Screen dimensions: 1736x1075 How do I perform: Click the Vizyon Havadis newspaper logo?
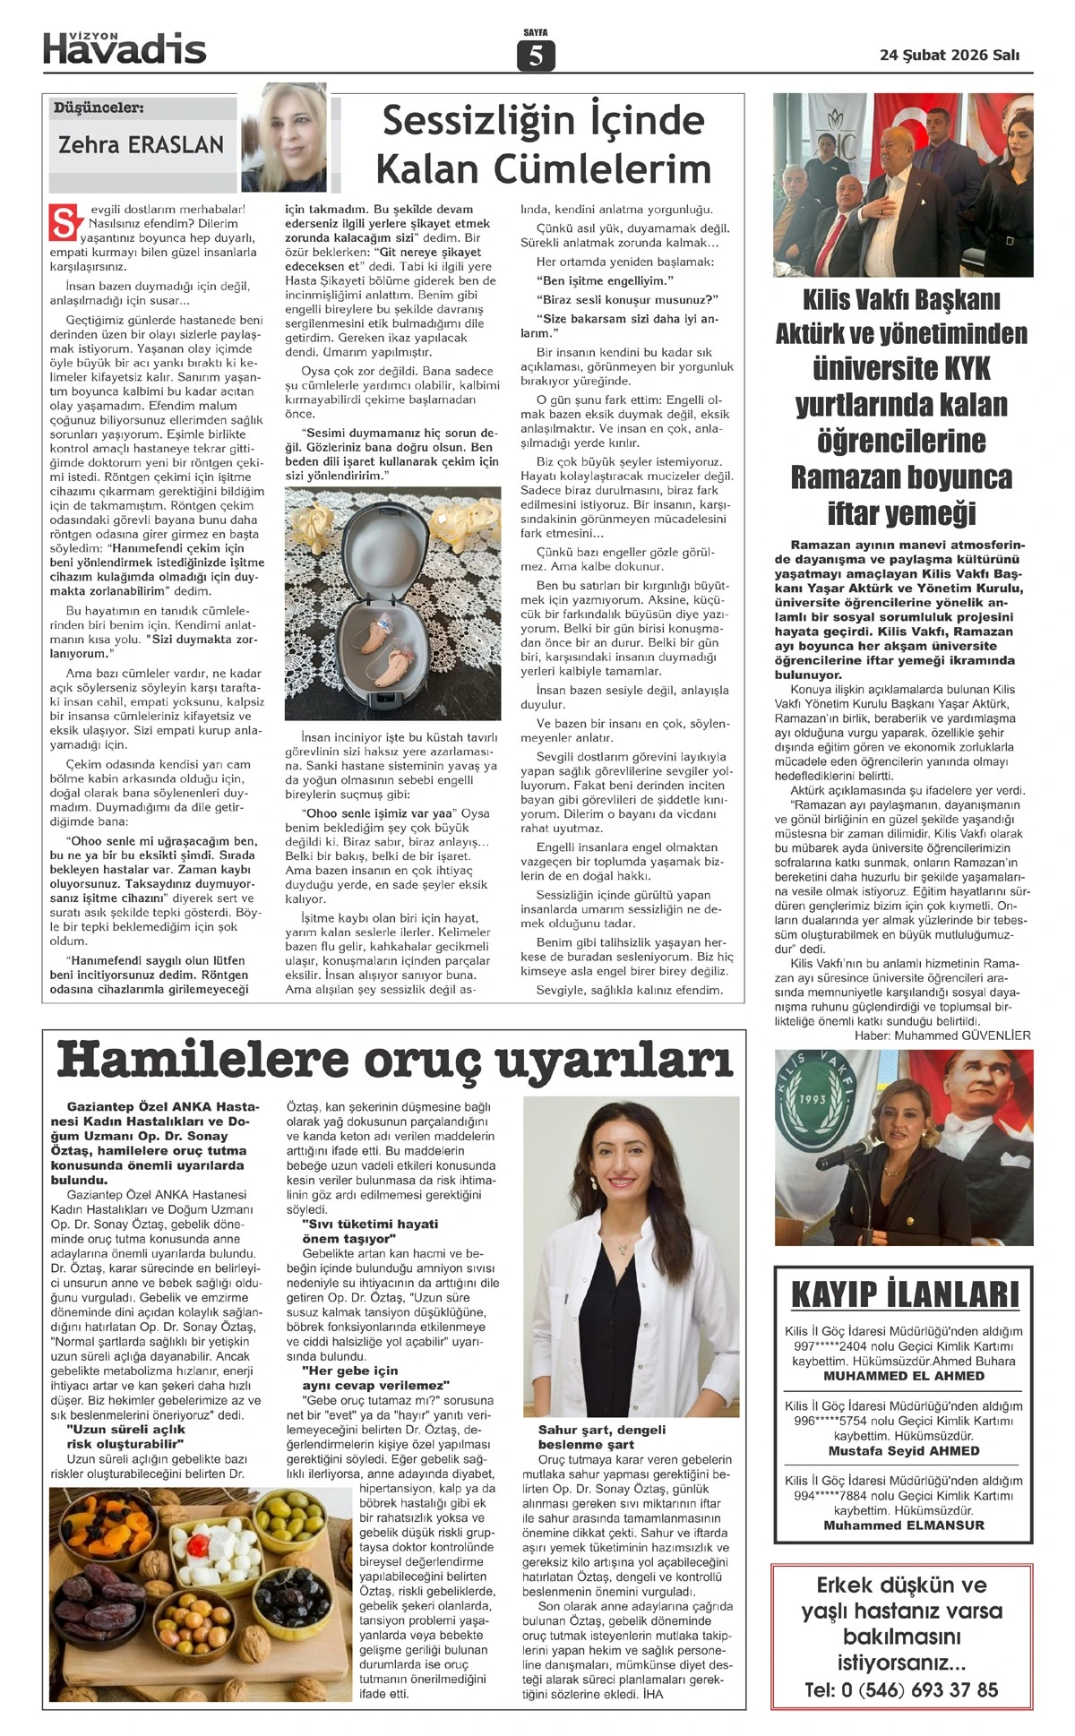click(125, 47)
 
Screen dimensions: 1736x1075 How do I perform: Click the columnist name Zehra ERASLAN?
click(141, 144)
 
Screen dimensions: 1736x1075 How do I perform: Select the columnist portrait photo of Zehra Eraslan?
click(284, 137)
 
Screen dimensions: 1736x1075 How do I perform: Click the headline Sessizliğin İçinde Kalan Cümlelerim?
click(542, 144)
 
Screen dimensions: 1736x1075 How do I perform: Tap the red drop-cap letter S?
click(63, 223)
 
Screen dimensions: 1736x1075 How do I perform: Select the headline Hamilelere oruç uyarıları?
click(394, 1061)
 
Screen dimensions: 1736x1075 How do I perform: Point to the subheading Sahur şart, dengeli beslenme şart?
click(602, 1437)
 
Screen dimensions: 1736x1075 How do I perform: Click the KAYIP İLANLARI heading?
click(905, 1295)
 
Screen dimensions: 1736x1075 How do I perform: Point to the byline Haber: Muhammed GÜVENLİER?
click(942, 1036)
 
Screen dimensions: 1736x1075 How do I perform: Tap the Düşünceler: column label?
click(99, 108)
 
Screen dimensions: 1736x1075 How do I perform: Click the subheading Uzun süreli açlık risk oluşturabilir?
click(125, 1437)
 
